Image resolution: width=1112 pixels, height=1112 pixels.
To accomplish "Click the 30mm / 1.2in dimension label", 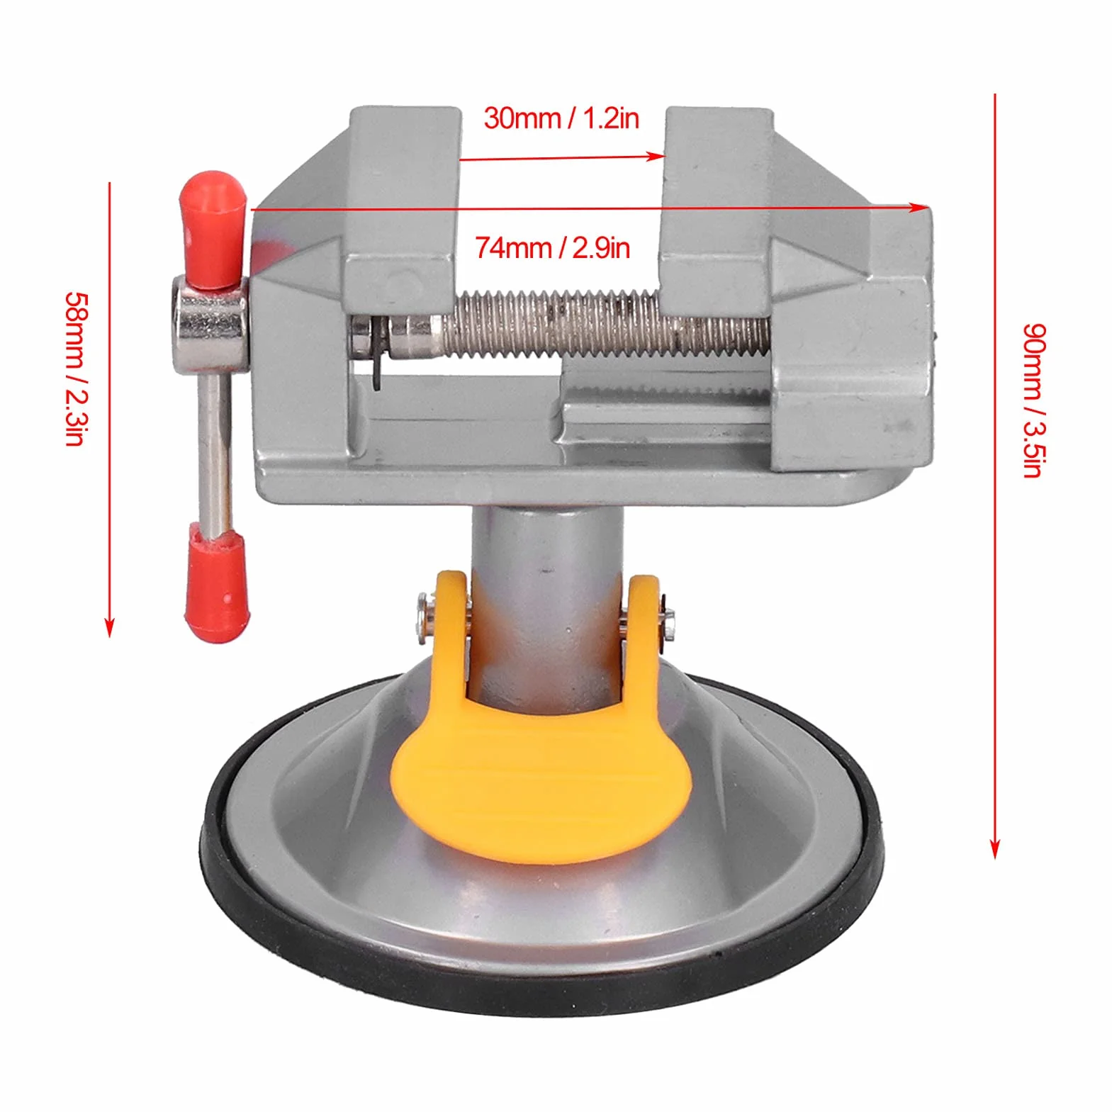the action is (561, 118).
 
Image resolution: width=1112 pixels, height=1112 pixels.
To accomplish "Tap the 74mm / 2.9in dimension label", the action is (552, 248).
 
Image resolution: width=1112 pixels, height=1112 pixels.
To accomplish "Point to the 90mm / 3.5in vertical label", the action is (1034, 401).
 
